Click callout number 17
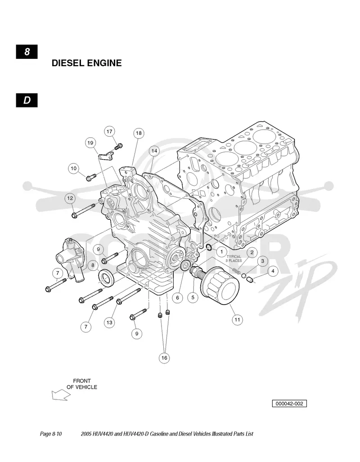click(x=109, y=131)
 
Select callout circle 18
click(x=139, y=133)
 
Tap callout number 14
click(x=154, y=151)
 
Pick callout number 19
click(x=90, y=143)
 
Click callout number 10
click(x=73, y=168)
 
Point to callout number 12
click(x=70, y=198)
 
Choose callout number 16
click(x=164, y=358)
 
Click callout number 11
click(x=237, y=319)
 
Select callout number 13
click(x=109, y=323)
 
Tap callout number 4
click(x=273, y=271)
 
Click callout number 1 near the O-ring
click(x=222, y=252)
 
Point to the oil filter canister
click(x=220, y=286)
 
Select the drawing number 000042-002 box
click(x=289, y=404)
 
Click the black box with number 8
click(x=27, y=52)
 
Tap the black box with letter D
click(x=27, y=100)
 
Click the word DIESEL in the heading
click(x=69, y=63)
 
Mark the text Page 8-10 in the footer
click(x=51, y=434)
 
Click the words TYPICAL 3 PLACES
click(x=234, y=258)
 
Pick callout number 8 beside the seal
click(x=93, y=265)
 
